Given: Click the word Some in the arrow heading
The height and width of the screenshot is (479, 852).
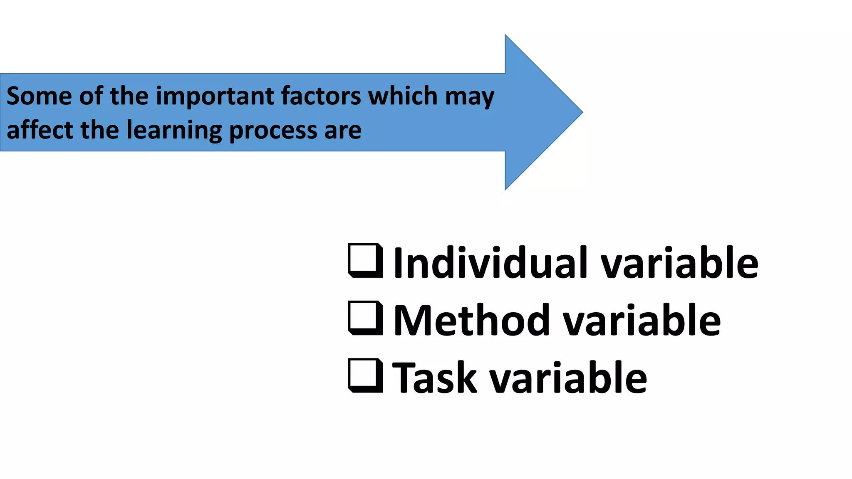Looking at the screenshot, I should [39, 96].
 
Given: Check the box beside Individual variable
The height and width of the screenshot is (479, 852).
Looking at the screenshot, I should [365, 261].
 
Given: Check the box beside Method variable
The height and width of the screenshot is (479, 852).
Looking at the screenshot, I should [365, 318].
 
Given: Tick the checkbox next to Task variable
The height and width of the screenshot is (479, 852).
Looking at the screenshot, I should [365, 375].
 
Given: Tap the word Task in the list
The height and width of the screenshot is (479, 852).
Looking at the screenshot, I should [434, 378].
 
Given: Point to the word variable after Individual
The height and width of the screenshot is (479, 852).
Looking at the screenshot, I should [680, 263].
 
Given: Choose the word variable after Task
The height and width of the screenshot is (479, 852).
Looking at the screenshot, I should [568, 378].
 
